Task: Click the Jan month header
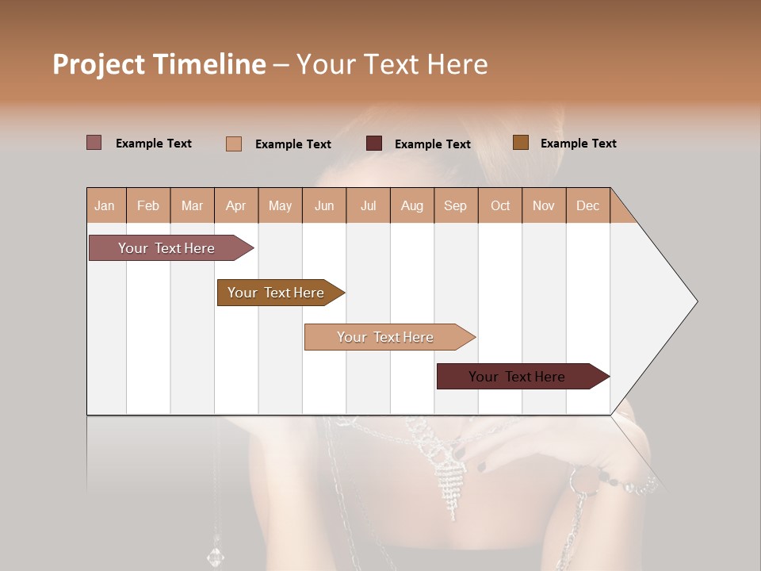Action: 105,205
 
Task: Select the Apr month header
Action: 235,205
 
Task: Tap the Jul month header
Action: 368,205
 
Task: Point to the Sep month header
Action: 455,205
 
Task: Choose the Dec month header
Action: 587,205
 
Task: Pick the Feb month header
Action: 148,205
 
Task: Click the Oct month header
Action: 500,205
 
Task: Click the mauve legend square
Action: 94,143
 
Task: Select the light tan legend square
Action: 233,144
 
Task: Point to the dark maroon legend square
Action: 374,144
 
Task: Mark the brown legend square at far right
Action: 521,143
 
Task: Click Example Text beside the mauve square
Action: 154,144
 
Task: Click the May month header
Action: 280,205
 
